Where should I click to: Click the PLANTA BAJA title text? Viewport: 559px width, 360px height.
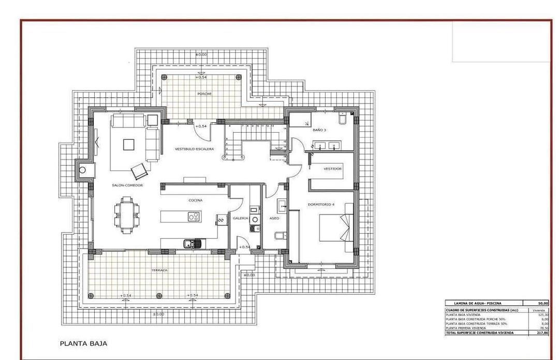pyautogui.click(x=83, y=343)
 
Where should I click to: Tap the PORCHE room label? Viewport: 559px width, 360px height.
pyautogui.click(x=204, y=94)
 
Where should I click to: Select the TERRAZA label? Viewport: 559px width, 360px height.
pyautogui.click(x=158, y=270)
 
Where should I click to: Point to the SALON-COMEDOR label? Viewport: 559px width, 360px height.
pyautogui.click(x=127, y=185)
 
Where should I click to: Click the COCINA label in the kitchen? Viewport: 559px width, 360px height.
pyautogui.click(x=195, y=200)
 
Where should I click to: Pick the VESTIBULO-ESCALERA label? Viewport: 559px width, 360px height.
pyautogui.click(x=194, y=149)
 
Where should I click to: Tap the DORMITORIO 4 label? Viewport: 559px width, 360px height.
pyautogui.click(x=321, y=204)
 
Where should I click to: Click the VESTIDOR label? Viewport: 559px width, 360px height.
pyautogui.click(x=332, y=169)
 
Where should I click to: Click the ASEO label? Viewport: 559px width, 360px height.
pyautogui.click(x=274, y=218)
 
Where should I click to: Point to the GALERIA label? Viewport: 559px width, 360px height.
pyautogui.click(x=240, y=218)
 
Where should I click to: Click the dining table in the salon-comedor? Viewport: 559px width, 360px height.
pyautogui.click(x=127, y=212)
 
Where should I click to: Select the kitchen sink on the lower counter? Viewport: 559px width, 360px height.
pyautogui.click(x=189, y=242)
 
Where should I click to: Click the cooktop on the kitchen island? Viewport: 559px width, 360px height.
pyautogui.click(x=193, y=217)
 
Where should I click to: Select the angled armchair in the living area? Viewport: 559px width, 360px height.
pyautogui.click(x=139, y=169)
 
